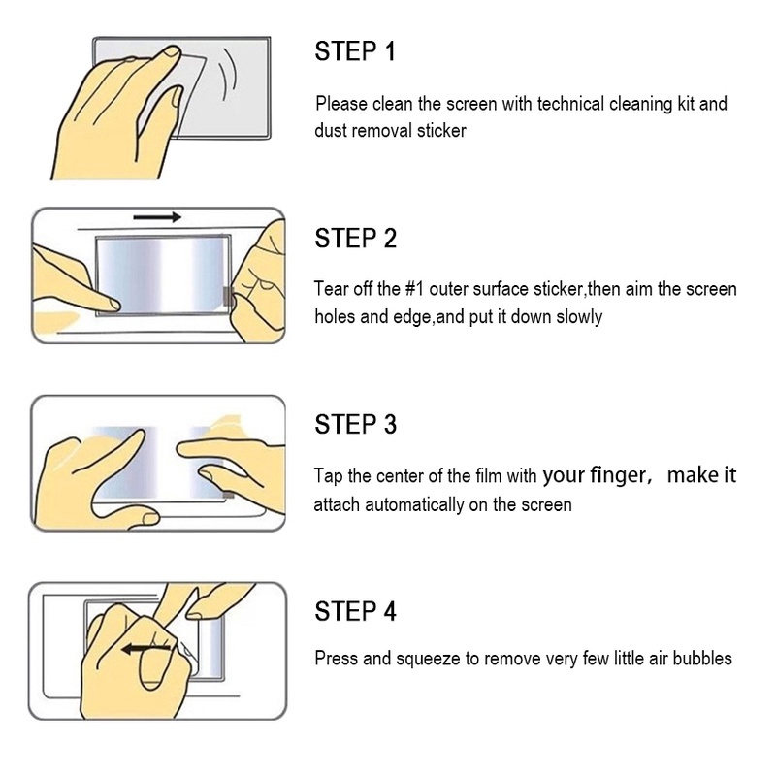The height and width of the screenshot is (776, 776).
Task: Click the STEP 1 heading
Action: pos(355,51)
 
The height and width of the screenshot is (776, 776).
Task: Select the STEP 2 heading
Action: pos(356,238)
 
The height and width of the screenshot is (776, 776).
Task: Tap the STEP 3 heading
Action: pos(356,425)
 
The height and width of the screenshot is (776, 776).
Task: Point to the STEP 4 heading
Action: pos(356,611)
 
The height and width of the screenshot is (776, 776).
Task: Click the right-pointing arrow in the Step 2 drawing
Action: pos(157,217)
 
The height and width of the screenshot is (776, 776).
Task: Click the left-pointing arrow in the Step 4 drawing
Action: pos(146,649)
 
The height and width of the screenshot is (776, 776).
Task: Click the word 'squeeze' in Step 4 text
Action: pos(428,660)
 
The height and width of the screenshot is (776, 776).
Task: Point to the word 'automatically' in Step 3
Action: pos(414,505)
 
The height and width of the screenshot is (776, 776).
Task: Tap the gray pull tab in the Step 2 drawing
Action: pos(227,296)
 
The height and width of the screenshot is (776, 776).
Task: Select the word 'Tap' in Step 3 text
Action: pos(328,476)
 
